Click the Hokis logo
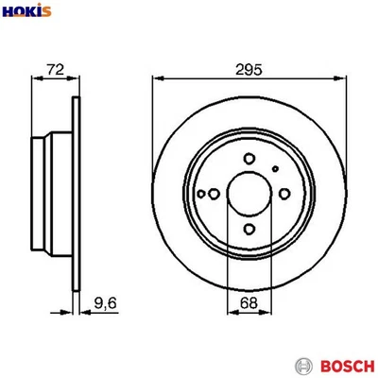tap(27, 12)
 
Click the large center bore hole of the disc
tap(249, 194)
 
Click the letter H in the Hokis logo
tap(9, 12)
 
